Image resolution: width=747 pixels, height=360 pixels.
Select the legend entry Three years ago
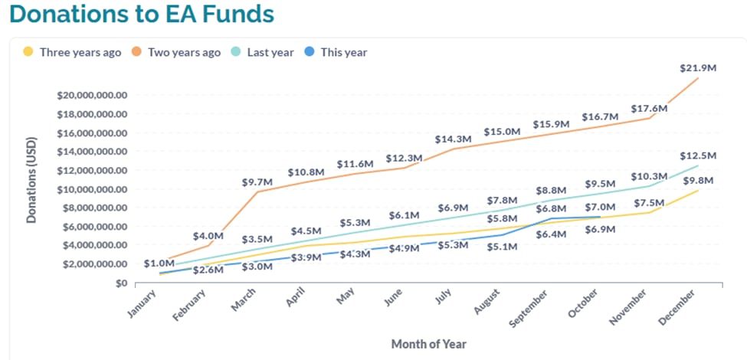click(80, 52)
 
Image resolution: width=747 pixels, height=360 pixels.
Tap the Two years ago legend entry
click(183, 52)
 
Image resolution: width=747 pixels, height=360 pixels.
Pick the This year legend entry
click(343, 52)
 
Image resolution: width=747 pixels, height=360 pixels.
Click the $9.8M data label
click(698, 180)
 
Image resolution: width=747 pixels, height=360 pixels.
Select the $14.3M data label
click(453, 139)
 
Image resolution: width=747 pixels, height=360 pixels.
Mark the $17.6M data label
click(649, 109)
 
